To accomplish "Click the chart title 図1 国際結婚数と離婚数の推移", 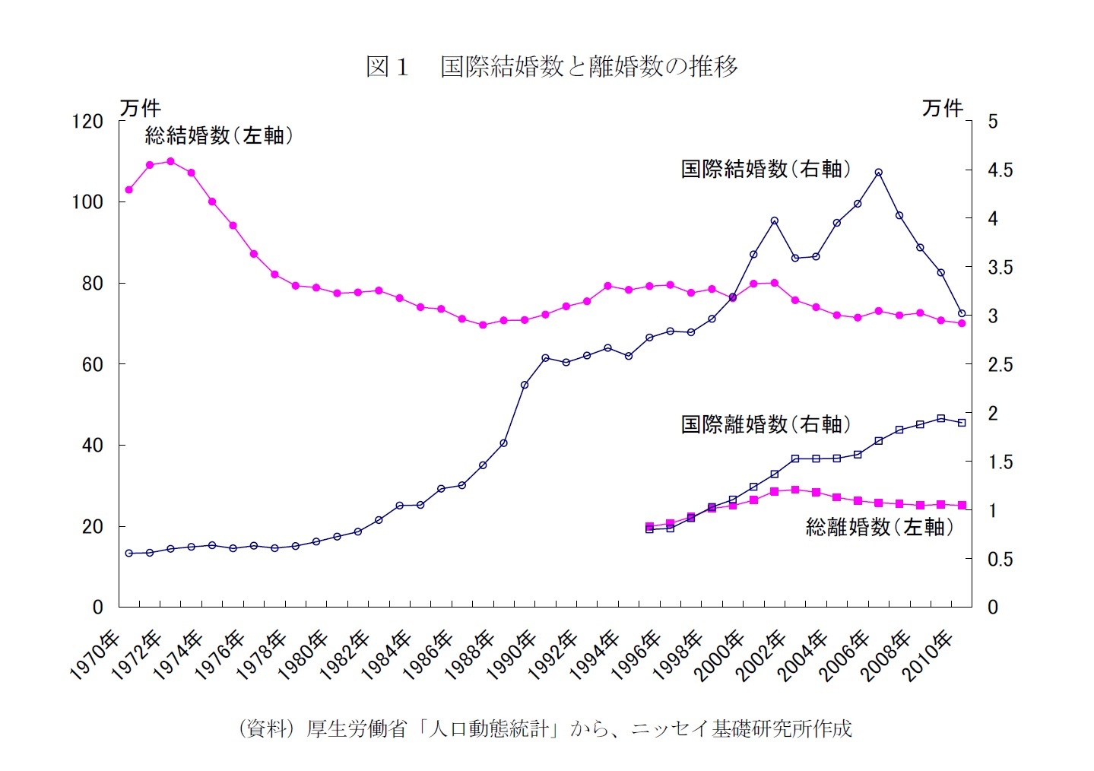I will click(551, 67).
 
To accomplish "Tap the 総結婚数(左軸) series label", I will click(219, 135).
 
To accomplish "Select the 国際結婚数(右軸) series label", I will click(766, 169).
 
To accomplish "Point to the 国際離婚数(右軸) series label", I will click(766, 424).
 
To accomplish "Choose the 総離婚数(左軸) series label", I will click(880, 527).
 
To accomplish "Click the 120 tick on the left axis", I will click(87, 122).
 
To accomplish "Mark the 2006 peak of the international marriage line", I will click(878, 173).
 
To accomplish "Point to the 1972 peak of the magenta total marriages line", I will click(170, 161).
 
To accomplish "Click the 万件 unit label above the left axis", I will click(140, 108).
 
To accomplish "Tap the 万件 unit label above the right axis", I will click(943, 108).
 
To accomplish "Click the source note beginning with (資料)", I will click(545, 728).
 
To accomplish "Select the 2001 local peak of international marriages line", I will click(774, 221).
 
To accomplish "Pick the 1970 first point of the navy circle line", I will click(129, 553).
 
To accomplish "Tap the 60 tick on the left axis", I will click(92, 365).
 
